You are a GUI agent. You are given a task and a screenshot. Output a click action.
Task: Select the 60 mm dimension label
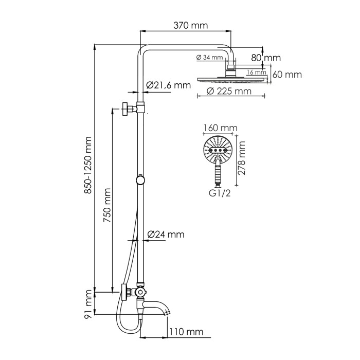tap(286, 75)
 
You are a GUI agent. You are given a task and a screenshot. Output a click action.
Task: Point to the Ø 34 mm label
tap(210, 58)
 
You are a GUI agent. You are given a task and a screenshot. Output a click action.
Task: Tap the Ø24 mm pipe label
tap(166, 235)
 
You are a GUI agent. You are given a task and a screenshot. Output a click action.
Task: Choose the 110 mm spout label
tap(187, 331)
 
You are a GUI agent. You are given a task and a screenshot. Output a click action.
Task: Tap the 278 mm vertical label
tap(243, 159)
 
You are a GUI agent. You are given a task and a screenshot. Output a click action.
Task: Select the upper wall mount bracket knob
tap(125, 109)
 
